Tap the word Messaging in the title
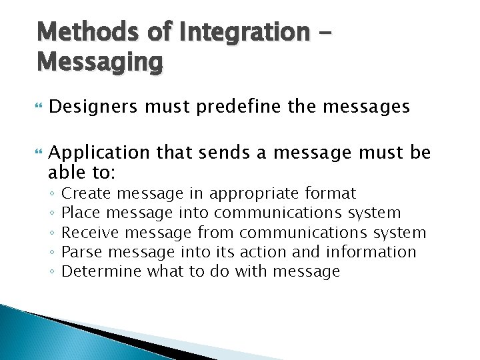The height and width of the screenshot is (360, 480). click(x=100, y=62)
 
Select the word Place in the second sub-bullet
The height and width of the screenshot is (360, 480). click(x=81, y=213)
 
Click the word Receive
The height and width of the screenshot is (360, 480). click(x=90, y=233)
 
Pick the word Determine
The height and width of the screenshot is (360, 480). click(x=101, y=271)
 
